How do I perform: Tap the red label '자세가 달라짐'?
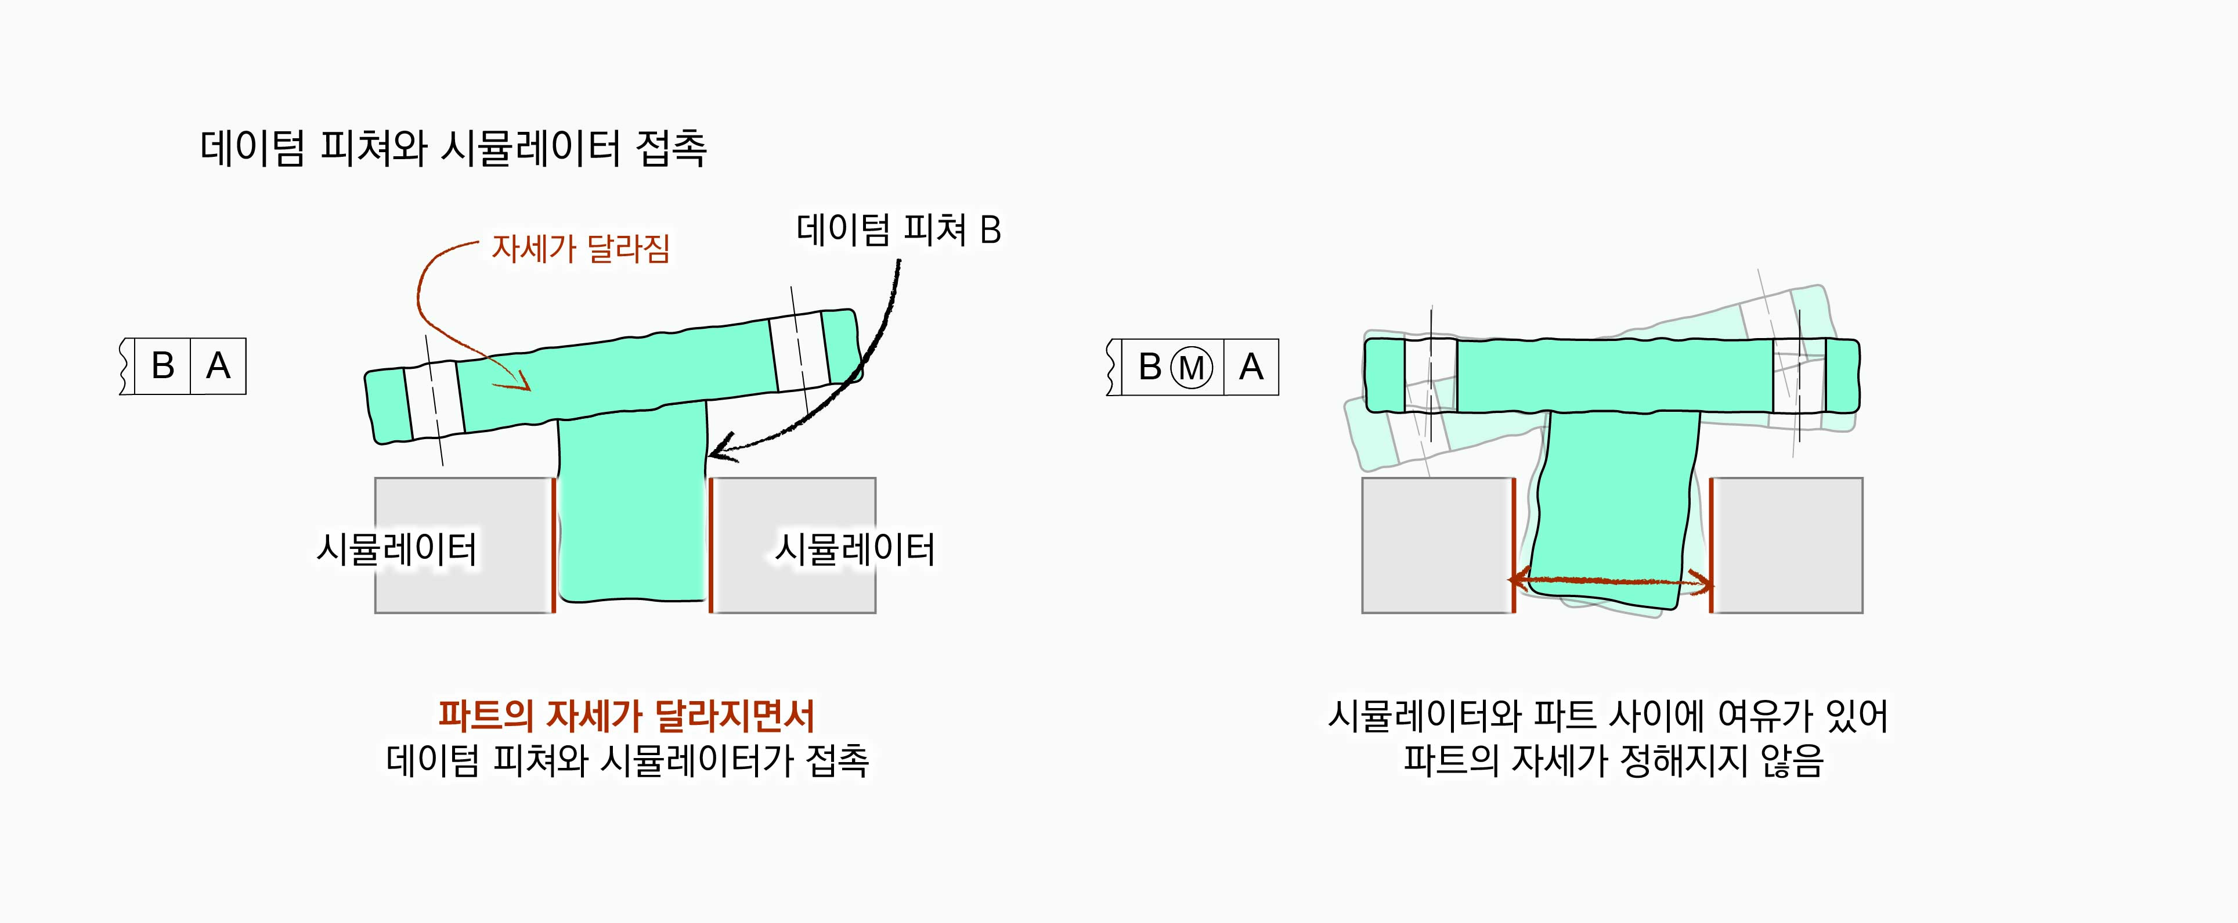580,249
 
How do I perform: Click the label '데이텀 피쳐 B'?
898,231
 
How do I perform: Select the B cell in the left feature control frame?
163,366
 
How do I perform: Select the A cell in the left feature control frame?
218,366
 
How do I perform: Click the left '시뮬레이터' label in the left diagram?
396,550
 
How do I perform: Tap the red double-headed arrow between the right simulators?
1612,580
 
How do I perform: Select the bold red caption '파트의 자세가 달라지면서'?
626,715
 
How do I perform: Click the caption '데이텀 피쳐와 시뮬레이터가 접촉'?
627,760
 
